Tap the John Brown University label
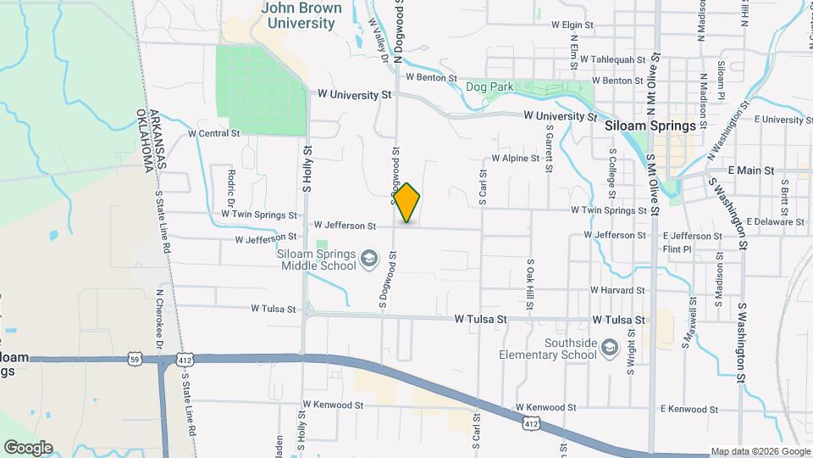click(301, 16)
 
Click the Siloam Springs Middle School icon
click(368, 258)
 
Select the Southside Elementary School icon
click(609, 348)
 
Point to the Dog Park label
click(488, 87)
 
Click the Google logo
click(28, 447)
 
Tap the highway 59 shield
click(135, 360)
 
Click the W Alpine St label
click(516, 159)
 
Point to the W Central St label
click(215, 134)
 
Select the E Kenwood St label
click(689, 410)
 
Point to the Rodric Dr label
click(230, 187)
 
